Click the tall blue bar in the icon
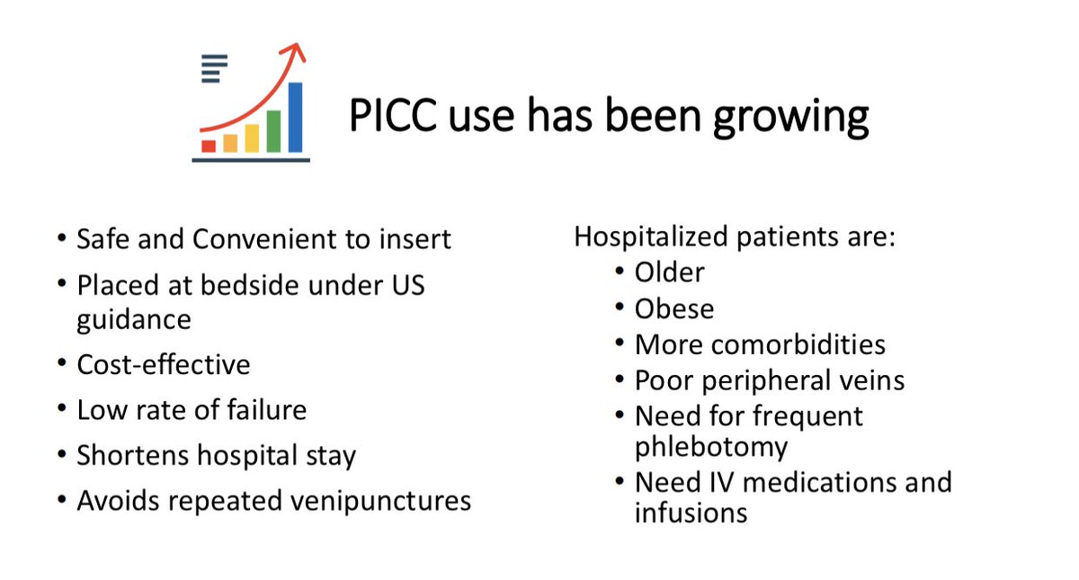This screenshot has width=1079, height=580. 295,118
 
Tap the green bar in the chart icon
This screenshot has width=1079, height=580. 273,131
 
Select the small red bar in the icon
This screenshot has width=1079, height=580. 209,147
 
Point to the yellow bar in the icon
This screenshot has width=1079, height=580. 252,138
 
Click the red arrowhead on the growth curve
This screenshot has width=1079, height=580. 295,51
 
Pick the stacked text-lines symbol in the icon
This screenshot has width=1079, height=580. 214,69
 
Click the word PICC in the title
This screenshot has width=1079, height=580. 393,116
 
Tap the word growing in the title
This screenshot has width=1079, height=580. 791,119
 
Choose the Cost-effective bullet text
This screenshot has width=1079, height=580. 164,365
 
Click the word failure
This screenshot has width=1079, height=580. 266,410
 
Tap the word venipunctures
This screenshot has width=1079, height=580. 381,502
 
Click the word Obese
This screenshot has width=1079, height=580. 673,308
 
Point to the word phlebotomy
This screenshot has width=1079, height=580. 711,448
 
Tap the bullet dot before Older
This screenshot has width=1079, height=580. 620,271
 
